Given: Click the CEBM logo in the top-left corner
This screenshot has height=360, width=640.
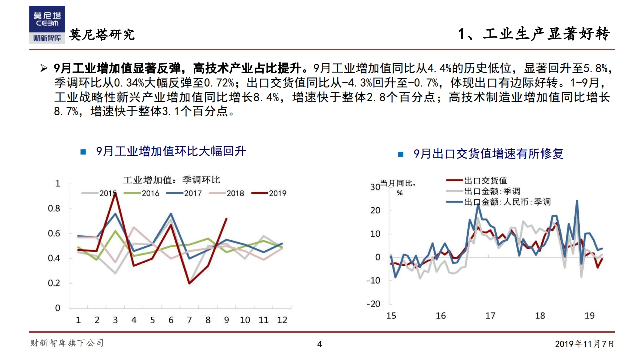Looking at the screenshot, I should (x=47, y=19).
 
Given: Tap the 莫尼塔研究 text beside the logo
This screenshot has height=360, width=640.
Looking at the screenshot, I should (x=102, y=34).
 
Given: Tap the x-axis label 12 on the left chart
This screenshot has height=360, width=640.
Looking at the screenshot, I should (x=282, y=320).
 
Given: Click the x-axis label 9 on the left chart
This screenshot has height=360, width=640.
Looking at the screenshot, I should (x=226, y=320).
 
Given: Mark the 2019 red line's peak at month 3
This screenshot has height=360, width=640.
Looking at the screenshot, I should (x=115, y=193).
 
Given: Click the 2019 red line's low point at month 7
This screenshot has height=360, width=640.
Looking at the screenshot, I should (x=190, y=283).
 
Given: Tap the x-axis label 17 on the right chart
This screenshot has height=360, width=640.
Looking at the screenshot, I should (x=490, y=316).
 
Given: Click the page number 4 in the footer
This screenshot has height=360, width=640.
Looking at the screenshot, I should (x=320, y=344).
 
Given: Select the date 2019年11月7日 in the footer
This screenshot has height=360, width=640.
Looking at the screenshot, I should (x=584, y=344).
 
